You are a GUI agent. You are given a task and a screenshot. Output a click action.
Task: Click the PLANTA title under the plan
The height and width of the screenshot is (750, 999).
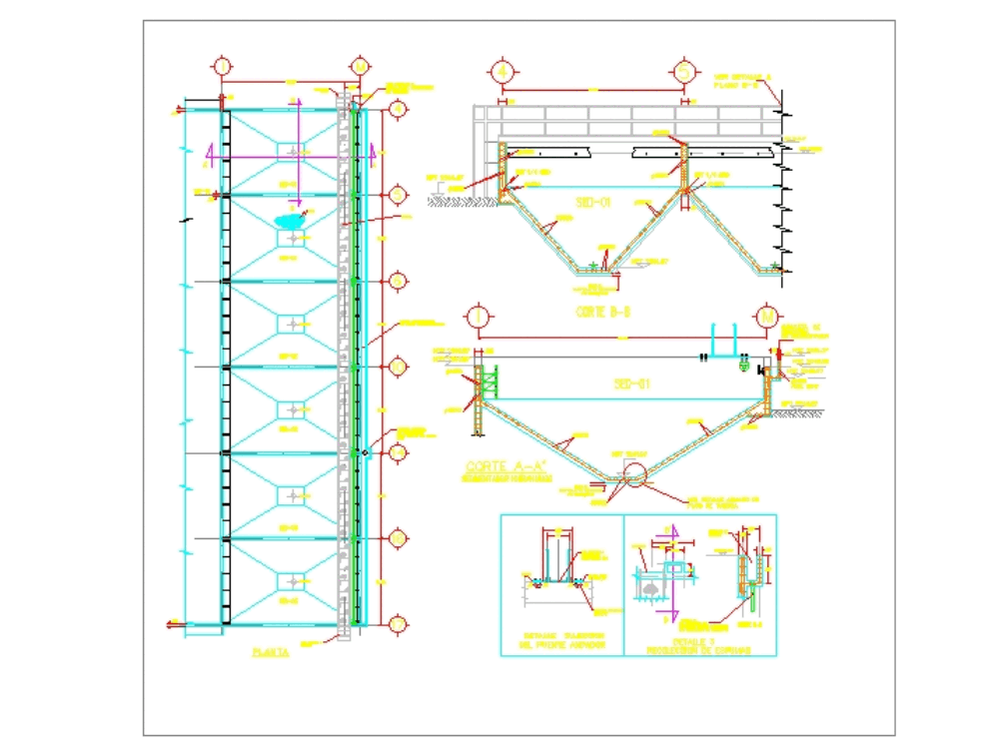click(x=271, y=652)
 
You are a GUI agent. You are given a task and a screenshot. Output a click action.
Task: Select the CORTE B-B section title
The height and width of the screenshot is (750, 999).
click(x=603, y=311)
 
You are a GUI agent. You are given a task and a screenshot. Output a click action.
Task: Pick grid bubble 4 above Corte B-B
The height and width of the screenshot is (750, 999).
click(x=502, y=72)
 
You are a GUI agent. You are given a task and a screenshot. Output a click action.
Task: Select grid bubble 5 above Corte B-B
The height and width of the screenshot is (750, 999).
click(x=684, y=72)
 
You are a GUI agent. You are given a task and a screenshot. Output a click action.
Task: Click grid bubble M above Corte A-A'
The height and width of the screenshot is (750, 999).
click(x=767, y=316)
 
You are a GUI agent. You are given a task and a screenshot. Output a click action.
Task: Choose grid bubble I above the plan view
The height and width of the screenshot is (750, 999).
click(x=222, y=66)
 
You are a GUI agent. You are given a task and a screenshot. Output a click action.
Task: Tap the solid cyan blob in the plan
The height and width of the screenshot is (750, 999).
click(x=289, y=220)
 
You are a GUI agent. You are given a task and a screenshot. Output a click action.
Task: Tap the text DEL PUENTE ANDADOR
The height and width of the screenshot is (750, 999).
click(x=562, y=646)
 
